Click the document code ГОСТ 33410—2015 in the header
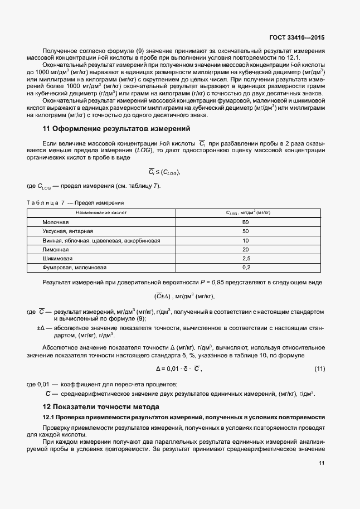pyautogui.click(x=295, y=38)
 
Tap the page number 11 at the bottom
pyautogui.click(x=322, y=463)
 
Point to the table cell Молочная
pyautogui.click(x=56, y=222)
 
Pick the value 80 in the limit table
pyautogui.click(x=245, y=222)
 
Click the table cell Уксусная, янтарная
pyautogui.click(x=68, y=231)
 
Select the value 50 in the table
pyautogui.click(x=245, y=231)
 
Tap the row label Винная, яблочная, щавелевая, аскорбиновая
pyautogui.click(x=101, y=240)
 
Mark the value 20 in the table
pyautogui.click(x=245, y=249)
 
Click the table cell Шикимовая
pyautogui.click(x=57, y=259)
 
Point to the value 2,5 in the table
pyautogui.click(x=245, y=259)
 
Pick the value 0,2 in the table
pyautogui.click(x=245, y=268)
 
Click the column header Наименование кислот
pyautogui.click(x=101, y=212)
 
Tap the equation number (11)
pyautogui.click(x=319, y=369)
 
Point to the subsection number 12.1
pyautogui.click(x=48, y=417)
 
